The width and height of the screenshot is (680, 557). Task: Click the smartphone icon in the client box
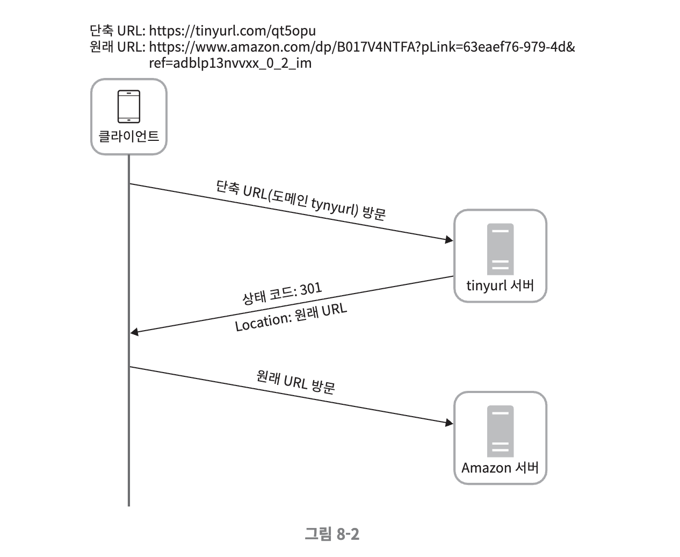[x=129, y=106]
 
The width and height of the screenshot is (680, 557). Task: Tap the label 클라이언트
[x=129, y=135]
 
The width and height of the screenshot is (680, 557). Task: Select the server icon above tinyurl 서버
[x=500, y=249]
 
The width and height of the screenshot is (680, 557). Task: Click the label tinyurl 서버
[x=500, y=285]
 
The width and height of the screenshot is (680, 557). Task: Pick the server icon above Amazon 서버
[x=500, y=432]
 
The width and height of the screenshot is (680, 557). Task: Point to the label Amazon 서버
[x=500, y=468]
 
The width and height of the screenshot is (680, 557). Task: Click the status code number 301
[x=311, y=289]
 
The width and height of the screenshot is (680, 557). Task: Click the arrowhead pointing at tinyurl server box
[x=450, y=240]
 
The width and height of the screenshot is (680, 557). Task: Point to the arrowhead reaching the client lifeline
[x=134, y=333]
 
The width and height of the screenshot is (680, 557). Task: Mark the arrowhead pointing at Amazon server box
[x=450, y=423]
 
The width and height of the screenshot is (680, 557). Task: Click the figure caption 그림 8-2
[x=332, y=534]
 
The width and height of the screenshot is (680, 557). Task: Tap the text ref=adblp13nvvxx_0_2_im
[x=230, y=63]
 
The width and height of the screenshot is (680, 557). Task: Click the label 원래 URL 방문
[x=295, y=381]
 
